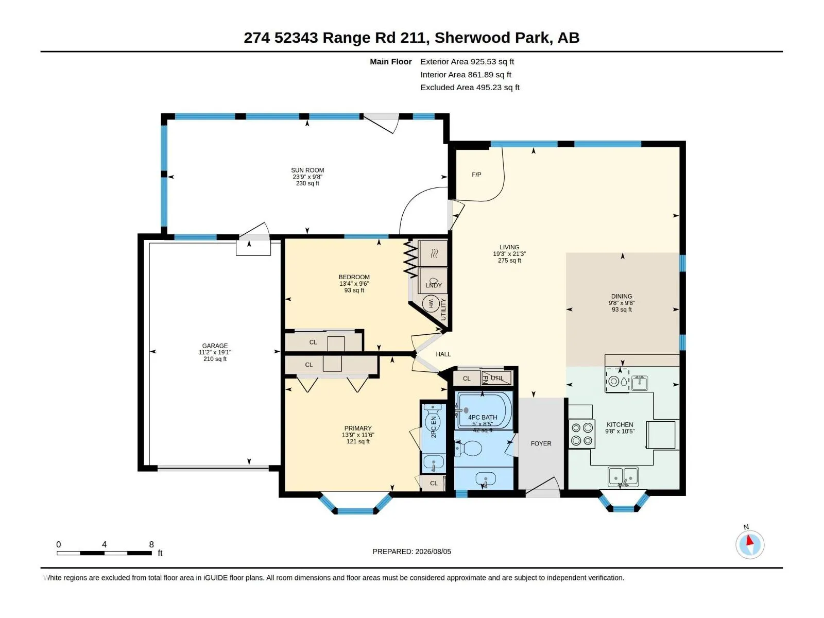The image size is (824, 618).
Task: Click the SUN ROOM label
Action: [307, 170]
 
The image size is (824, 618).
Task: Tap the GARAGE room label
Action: [215, 346]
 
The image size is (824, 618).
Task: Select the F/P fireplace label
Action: [476, 175]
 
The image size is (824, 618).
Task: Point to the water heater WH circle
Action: [431, 303]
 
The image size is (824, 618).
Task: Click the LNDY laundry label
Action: [434, 285]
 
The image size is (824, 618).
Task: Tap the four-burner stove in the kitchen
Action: [581, 434]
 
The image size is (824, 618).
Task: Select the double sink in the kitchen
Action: [623, 477]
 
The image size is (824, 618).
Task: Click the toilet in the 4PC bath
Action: [468, 449]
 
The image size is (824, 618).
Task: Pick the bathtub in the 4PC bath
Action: [484, 411]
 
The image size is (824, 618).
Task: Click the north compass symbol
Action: [750, 544]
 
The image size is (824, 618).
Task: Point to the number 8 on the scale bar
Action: [151, 544]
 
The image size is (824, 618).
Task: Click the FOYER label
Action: [541, 443]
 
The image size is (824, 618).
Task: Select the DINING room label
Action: [622, 297]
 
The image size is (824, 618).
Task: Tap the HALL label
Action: [443, 354]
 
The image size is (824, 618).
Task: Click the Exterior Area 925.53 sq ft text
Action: [467, 61]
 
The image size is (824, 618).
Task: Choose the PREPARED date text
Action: [412, 552]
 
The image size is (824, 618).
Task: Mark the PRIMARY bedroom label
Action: [358, 428]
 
